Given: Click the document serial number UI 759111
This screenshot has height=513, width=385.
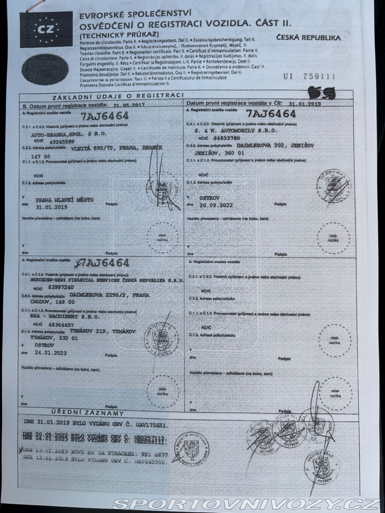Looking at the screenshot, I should [x=309, y=77].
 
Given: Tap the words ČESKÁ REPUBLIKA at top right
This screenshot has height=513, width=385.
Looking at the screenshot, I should [x=308, y=38].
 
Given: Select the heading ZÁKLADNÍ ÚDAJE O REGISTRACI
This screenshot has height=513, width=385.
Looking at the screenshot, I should [x=118, y=96].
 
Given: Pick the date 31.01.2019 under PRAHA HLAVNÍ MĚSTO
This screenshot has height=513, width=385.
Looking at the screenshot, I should [x=51, y=207].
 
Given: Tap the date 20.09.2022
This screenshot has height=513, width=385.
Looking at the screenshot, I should [x=216, y=205].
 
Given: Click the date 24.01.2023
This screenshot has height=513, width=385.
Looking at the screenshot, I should [x=51, y=353].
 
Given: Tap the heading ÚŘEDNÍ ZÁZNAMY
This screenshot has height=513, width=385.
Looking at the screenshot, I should [x=87, y=413].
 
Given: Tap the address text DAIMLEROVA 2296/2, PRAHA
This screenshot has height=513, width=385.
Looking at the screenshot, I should [x=106, y=295].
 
